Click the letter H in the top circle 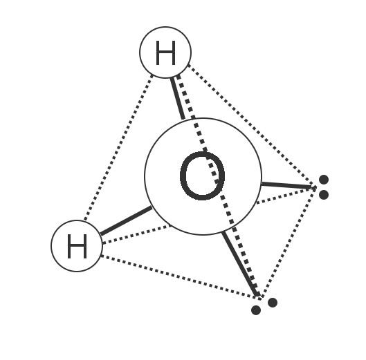(165, 53)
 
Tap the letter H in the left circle (77, 247)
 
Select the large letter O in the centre (203, 176)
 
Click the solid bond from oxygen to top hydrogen (177, 98)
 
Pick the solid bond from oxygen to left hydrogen (126, 220)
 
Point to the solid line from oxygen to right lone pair (286, 185)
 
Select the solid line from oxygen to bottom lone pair (240, 263)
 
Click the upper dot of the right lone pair (324, 180)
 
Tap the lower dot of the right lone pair (324, 195)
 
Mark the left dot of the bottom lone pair (256, 310)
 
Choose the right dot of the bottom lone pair (273, 303)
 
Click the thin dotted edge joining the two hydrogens (118, 147)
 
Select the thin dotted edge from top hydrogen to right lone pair (252, 126)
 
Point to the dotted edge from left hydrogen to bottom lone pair (180, 276)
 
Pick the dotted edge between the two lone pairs (289, 242)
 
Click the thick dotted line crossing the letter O (217, 185)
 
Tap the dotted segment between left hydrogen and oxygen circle (136, 234)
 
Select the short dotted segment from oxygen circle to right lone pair (286, 195)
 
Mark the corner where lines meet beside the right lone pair (314, 187)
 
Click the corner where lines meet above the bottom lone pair (259, 296)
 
